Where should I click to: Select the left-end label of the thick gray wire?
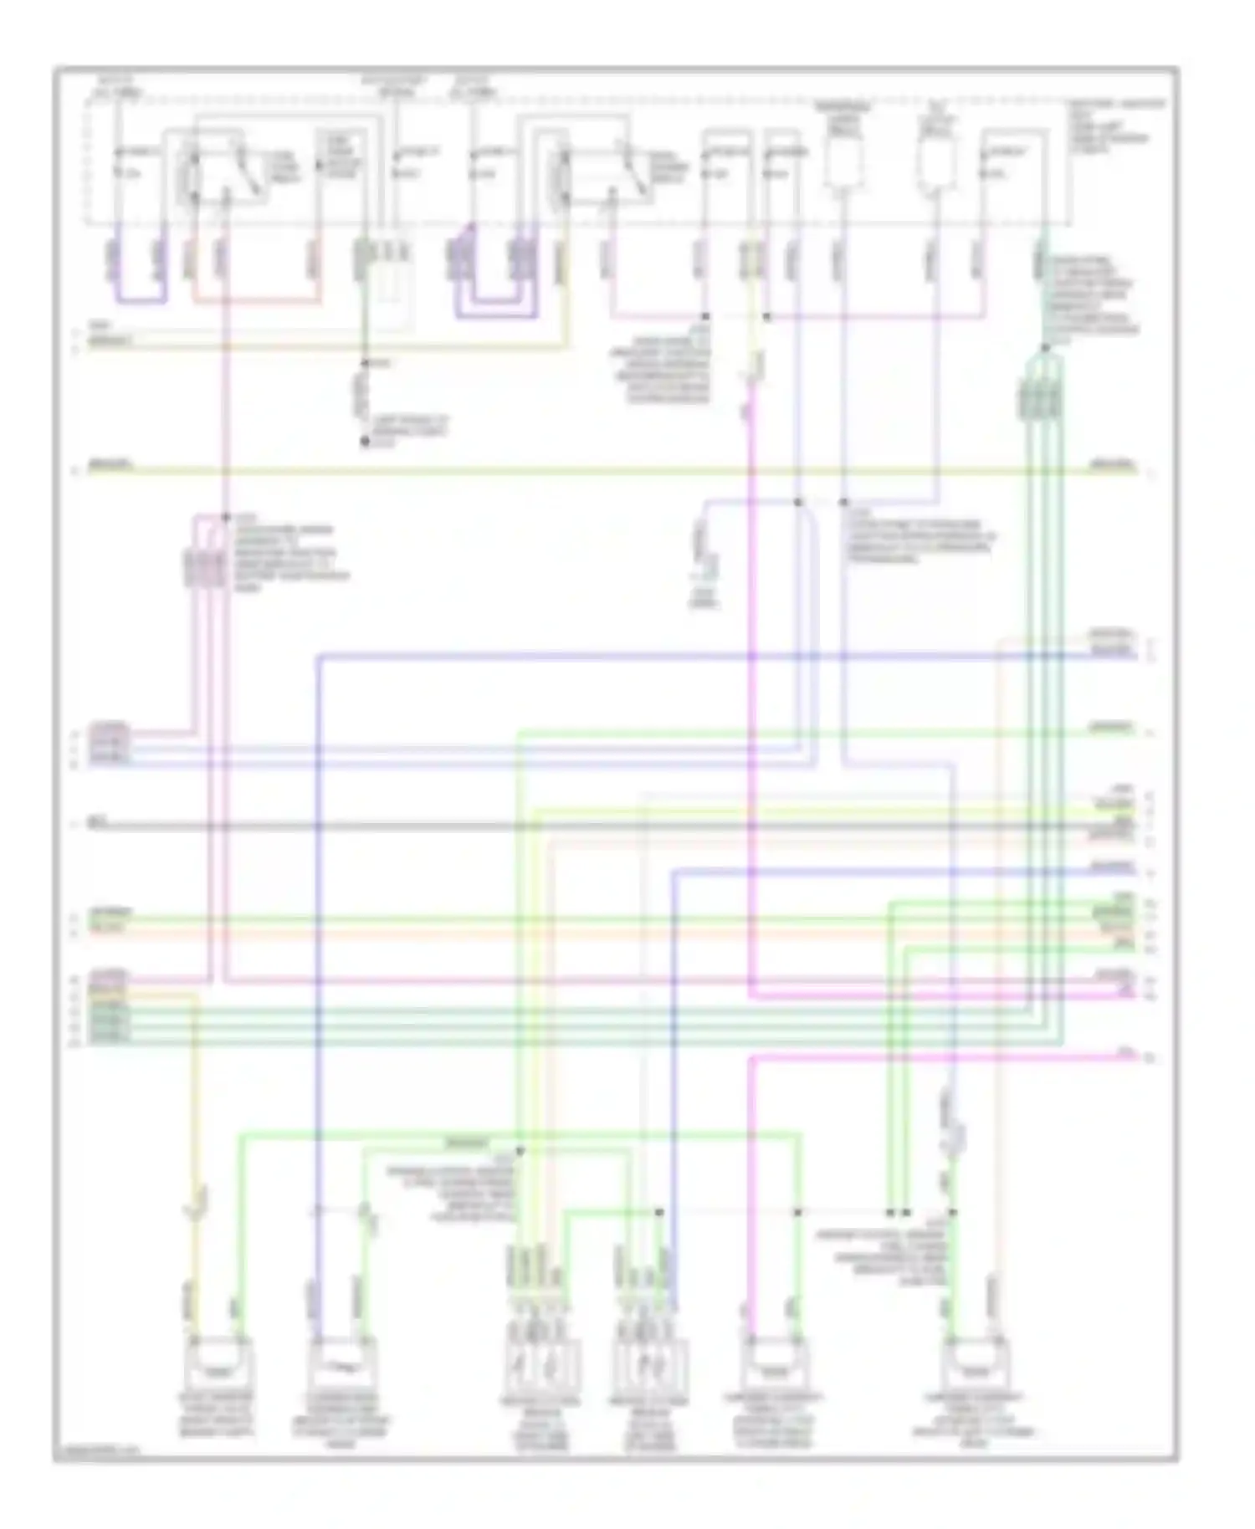[101, 823]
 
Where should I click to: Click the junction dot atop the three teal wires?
[1045, 348]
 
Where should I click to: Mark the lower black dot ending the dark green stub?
[365, 441]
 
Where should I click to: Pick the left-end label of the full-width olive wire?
[109, 464]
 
